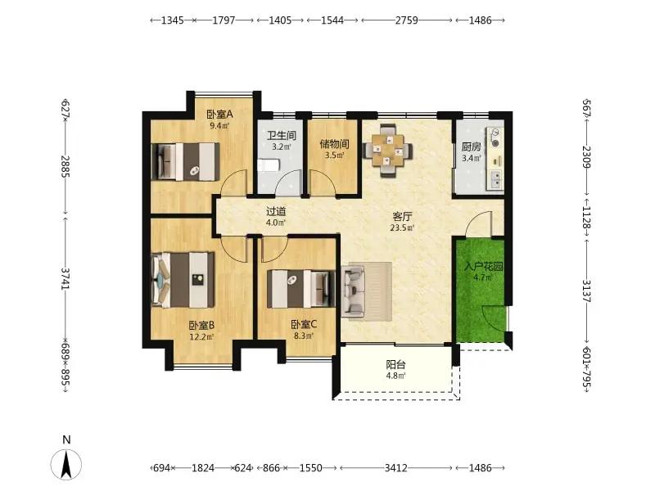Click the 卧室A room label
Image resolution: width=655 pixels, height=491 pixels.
coord(219,114)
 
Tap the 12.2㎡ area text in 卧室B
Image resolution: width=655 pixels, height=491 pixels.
coord(201,336)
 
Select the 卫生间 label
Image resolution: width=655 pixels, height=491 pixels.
coord(282,136)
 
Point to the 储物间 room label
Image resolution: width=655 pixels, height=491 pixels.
coord(334,144)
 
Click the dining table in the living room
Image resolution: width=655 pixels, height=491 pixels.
coord(388,151)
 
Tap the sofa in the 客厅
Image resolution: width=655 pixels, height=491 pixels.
coord(353,291)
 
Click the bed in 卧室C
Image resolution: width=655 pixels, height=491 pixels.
coord(301,289)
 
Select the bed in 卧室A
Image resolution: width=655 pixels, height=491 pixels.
coord(186,161)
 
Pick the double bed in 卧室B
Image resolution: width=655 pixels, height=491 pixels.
coord(183,279)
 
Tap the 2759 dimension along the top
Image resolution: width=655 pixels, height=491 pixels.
coord(406,20)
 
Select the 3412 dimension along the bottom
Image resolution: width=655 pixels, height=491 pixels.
coord(395,467)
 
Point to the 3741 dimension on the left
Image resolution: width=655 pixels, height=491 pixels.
coord(65,278)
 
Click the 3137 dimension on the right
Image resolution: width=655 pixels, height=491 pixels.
coord(587,291)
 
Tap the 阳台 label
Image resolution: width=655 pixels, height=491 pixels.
coord(395,364)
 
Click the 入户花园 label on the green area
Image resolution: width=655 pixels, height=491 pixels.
coord(483,267)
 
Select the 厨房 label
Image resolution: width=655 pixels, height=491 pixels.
coord(472,147)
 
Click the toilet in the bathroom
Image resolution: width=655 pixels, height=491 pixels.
coord(268,165)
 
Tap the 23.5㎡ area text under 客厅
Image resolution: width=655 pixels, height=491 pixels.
coord(402,228)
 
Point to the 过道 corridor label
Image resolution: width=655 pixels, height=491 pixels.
coord(276,212)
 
